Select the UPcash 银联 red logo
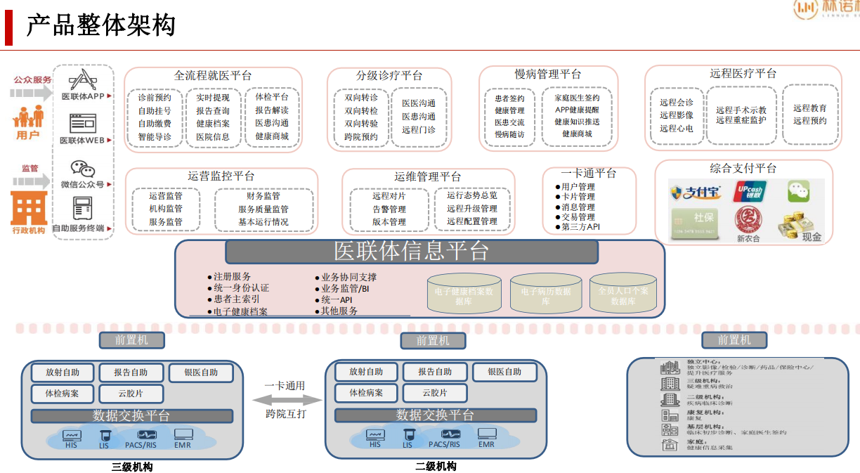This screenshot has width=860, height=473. (x=750, y=192)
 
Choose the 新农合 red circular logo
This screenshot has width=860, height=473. (x=748, y=221)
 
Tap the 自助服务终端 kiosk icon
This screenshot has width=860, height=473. (x=83, y=209)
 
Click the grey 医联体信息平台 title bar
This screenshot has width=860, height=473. (x=411, y=252)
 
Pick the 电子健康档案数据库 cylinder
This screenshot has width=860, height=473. (x=464, y=294)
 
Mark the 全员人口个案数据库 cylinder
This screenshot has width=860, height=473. (x=623, y=294)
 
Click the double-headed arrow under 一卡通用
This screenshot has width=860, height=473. (x=285, y=399)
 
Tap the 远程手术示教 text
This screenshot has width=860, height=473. (x=741, y=110)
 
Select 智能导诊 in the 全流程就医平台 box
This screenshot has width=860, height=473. (x=155, y=136)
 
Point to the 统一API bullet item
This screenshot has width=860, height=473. (x=336, y=300)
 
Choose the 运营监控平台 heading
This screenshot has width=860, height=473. (x=221, y=176)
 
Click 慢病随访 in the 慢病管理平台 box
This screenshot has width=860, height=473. (x=509, y=134)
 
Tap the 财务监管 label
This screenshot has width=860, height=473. (x=263, y=196)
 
